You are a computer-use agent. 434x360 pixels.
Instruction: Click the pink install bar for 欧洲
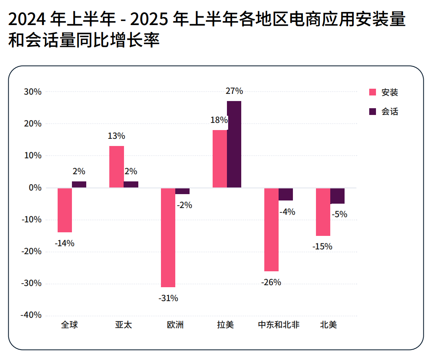[168, 237]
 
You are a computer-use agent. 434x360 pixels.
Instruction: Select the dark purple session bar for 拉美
[234, 144]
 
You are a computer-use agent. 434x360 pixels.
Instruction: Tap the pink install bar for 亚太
[116, 167]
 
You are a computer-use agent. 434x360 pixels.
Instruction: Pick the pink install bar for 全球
[65, 210]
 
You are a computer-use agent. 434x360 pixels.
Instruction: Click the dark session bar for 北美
[337, 196]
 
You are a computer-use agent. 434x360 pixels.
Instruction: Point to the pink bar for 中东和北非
[271, 230]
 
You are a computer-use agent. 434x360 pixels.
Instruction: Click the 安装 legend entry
[384, 92]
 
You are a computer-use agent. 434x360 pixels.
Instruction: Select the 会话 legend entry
[384, 112]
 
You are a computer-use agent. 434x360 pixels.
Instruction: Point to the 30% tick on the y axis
[33, 92]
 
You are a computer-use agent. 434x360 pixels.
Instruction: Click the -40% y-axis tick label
[31, 315]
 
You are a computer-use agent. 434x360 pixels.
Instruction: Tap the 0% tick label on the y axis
[35, 188]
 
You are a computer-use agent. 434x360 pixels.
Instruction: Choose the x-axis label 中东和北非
[279, 325]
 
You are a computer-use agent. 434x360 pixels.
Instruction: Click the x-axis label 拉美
[225, 325]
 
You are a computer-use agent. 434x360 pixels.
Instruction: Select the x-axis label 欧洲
[175, 325]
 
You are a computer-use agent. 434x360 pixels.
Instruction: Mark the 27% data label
[234, 91]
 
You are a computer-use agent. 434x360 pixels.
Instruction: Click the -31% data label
[168, 298]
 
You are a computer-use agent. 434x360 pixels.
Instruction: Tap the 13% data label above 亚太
[116, 136]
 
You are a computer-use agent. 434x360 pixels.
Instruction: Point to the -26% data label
[271, 282]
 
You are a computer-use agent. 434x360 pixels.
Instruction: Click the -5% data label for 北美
[339, 214]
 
